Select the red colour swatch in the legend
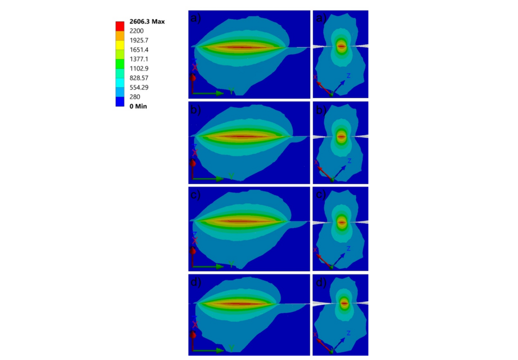[120, 25]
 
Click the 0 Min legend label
[139, 106]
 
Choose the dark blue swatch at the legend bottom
[120, 101]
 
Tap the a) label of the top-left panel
[196, 19]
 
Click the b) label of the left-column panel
[196, 110]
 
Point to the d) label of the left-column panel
[196, 282]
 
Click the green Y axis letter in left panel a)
[231, 91]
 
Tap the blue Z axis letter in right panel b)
[349, 161]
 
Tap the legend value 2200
[138, 30]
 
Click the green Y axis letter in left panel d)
[231, 350]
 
